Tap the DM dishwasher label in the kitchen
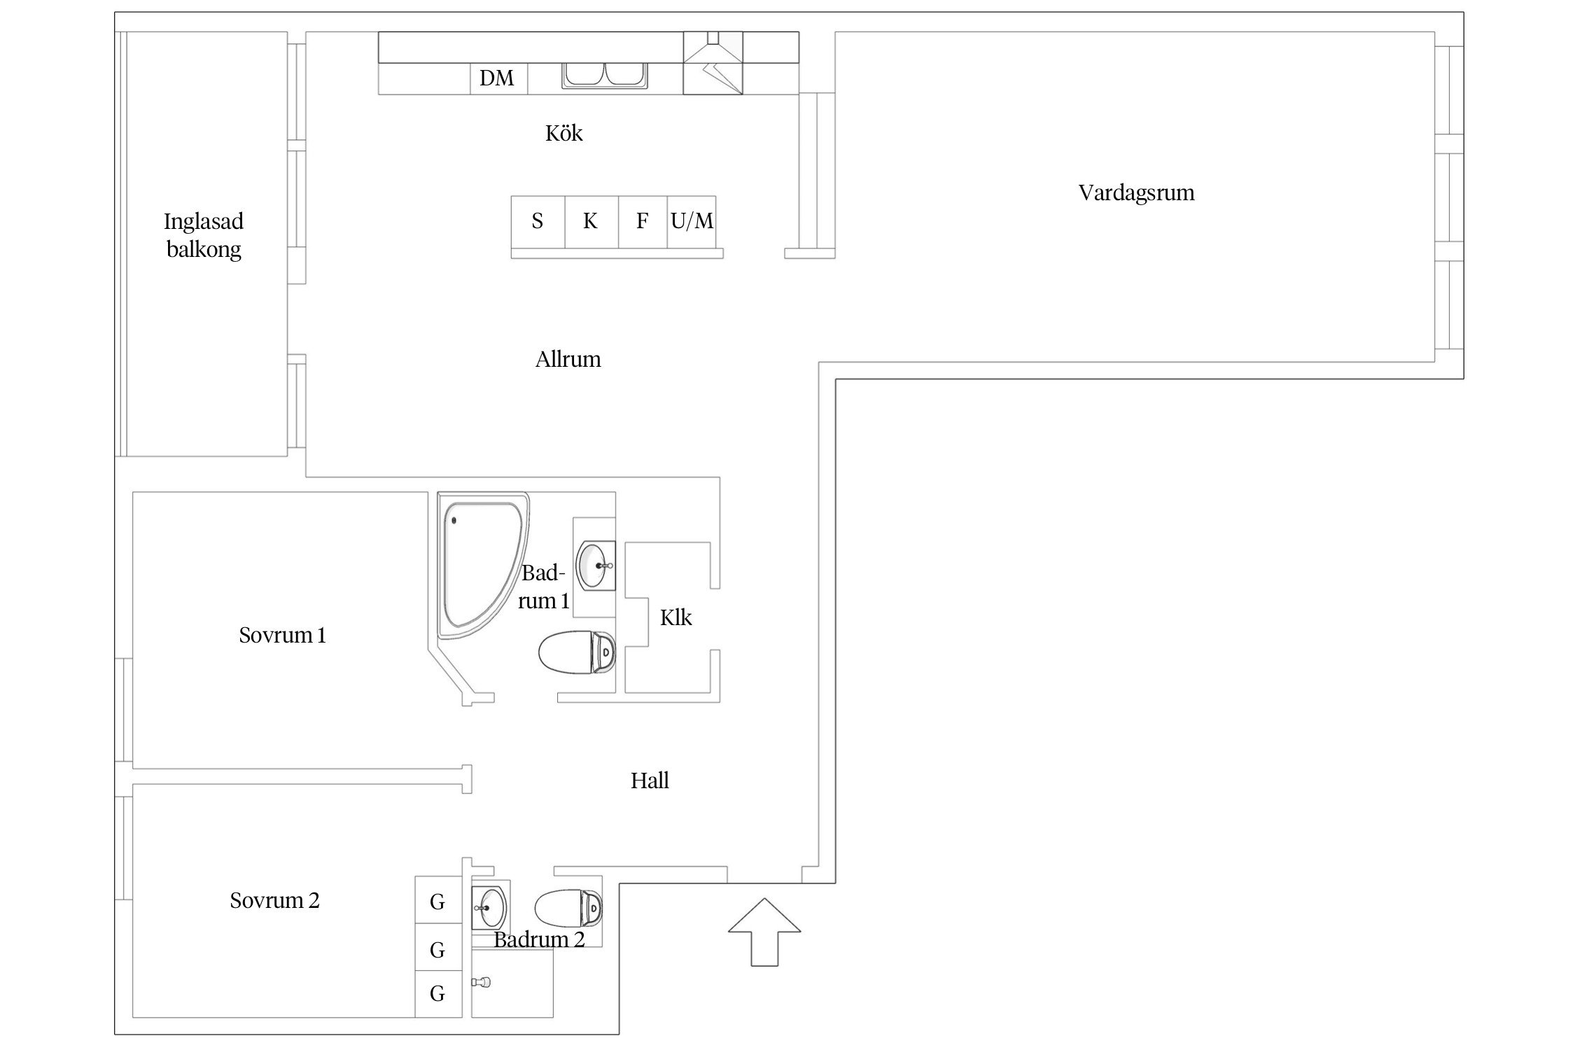coord(497,78)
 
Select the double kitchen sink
coord(605,76)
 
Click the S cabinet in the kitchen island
coord(538,222)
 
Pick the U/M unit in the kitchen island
coord(692,222)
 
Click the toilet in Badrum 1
coord(577,652)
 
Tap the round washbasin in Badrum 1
coord(596,566)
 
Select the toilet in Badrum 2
coord(568,908)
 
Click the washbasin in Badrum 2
coord(489,907)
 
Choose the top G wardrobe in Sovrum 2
coord(438,900)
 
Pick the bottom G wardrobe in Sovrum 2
coord(438,994)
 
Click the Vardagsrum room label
coord(1136,193)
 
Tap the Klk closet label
coord(675,617)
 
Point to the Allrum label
coord(568,360)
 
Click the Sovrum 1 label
coord(282,635)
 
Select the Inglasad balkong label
coord(204,235)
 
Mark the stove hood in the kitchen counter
coord(713,63)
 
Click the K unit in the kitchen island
coord(591,222)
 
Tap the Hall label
coord(650,780)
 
